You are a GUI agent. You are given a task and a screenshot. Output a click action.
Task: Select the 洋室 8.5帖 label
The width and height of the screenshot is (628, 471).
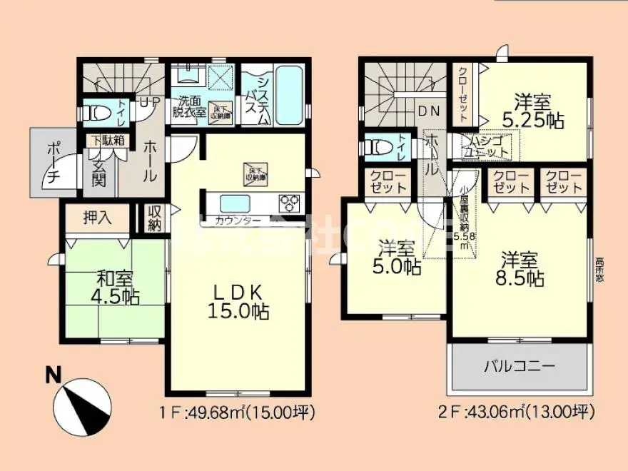(x=521, y=268)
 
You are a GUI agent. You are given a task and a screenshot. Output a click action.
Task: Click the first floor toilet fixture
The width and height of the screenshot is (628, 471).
(x=96, y=113)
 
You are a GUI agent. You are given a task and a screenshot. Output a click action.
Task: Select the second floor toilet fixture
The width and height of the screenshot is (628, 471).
(x=379, y=147)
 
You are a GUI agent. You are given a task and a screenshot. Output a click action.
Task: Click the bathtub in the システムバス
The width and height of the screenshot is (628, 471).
(x=289, y=95)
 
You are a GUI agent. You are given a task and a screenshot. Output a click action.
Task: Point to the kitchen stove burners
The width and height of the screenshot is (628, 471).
(x=290, y=201)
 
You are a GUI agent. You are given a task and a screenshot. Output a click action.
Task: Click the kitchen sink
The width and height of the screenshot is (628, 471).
(x=235, y=201)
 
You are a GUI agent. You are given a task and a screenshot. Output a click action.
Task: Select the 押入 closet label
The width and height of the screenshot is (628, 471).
(x=98, y=218)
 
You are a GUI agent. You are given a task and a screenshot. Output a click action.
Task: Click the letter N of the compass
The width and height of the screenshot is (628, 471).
(x=52, y=374)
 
